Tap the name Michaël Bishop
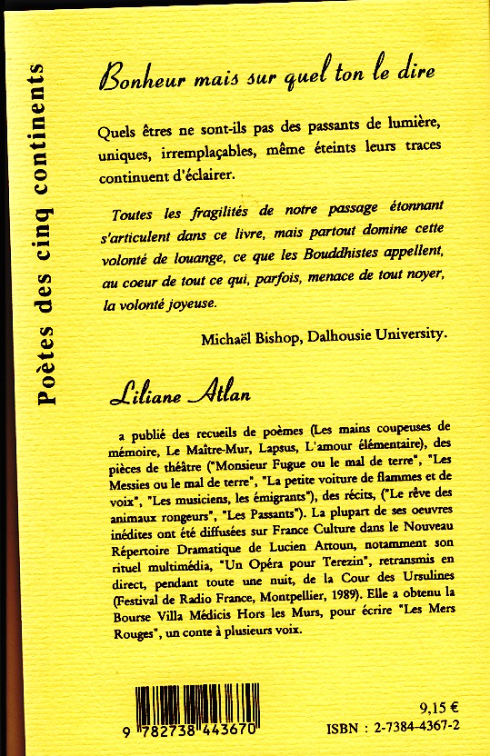tap(248, 334)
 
